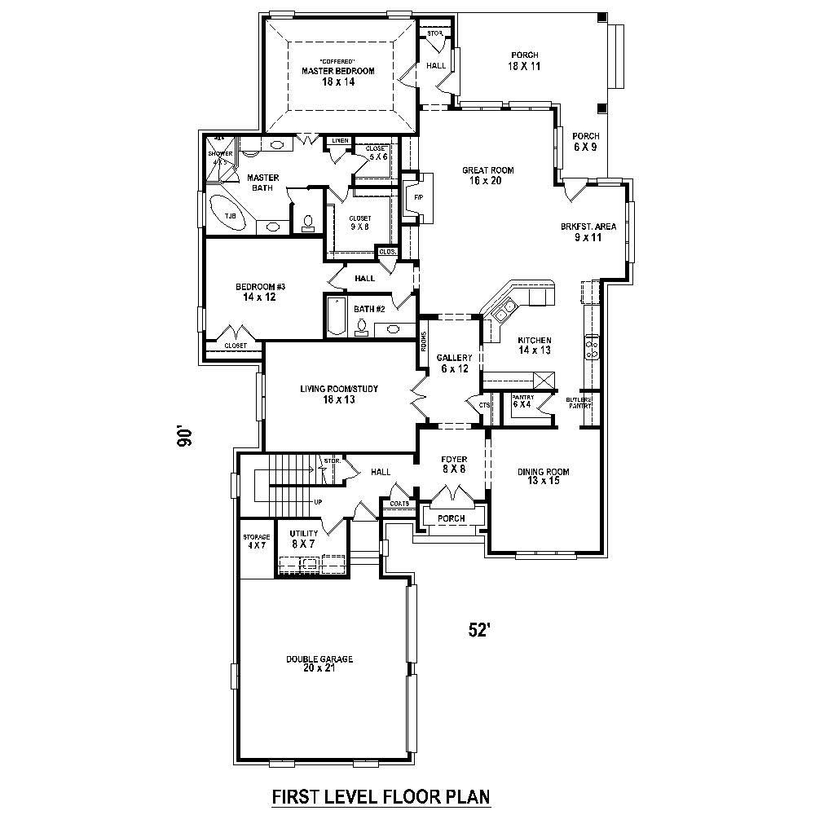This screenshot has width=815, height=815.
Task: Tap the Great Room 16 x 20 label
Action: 488,175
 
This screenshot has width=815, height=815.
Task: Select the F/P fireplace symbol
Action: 418,198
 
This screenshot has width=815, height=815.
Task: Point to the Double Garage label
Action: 319,663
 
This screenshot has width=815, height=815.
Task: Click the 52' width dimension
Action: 478,629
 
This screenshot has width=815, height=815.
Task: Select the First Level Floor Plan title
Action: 381,795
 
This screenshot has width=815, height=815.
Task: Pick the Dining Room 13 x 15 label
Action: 543,476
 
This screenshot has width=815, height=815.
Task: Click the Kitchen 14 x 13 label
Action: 535,345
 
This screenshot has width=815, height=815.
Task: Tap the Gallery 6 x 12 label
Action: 454,363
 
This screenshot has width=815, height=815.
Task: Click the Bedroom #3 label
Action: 260,292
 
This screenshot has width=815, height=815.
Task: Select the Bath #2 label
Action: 368,308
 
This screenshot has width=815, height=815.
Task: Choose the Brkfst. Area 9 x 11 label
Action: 588,231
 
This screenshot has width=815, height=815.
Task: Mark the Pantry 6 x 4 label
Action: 522,401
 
